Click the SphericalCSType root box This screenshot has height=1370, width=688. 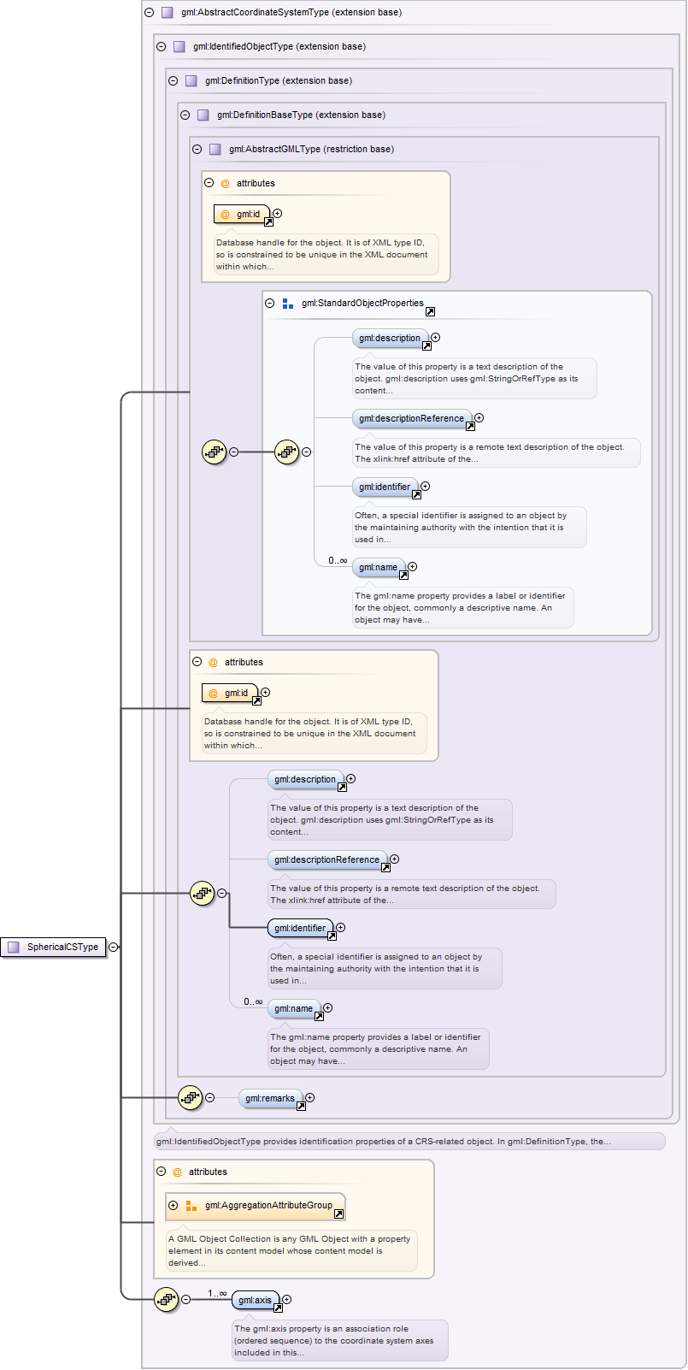[x=55, y=947]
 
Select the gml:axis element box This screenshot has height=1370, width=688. [x=255, y=1300]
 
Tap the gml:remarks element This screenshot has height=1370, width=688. [x=269, y=1098]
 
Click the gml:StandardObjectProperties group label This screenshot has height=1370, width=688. [x=362, y=303]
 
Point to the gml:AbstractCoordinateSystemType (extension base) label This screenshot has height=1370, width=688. [x=291, y=13]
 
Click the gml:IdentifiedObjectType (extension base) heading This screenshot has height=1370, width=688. [x=279, y=47]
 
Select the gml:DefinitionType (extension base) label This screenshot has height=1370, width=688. [x=278, y=81]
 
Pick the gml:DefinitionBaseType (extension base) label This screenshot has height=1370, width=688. [x=301, y=115]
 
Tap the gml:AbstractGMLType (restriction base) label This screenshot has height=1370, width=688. [x=311, y=150]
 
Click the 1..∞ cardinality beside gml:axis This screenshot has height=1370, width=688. [x=217, y=1293]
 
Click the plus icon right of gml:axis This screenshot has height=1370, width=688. [x=286, y=1299]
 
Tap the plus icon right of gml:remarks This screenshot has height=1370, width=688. [x=309, y=1097]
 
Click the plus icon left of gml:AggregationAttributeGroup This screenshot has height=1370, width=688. [x=173, y=1205]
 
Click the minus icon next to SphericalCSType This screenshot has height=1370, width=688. [x=113, y=947]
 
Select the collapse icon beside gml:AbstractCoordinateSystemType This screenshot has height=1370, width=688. [x=150, y=13]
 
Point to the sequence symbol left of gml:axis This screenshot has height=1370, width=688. [x=166, y=1300]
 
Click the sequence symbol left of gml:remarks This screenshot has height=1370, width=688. [x=190, y=1097]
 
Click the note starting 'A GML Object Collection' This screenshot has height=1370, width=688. [x=291, y=1250]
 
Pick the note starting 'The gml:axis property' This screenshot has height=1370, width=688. [x=339, y=1340]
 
